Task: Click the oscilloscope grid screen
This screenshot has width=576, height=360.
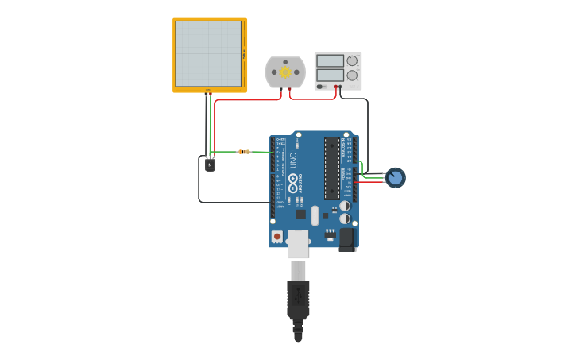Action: tap(207, 53)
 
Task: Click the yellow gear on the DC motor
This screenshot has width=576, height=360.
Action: tap(285, 72)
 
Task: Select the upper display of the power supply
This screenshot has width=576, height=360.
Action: tap(330, 60)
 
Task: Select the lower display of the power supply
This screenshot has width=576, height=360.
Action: tap(330, 75)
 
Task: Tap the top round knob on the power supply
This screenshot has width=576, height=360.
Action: tap(352, 60)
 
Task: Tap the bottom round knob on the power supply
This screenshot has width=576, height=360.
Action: tap(352, 75)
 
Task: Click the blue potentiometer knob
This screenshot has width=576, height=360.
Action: tap(395, 178)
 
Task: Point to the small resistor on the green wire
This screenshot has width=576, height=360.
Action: tap(244, 152)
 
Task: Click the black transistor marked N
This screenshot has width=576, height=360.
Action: tap(210, 165)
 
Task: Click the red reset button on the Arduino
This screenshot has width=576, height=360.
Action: tap(276, 236)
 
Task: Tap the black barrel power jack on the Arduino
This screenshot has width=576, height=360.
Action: tap(347, 239)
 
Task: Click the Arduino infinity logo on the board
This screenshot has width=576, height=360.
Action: tap(293, 188)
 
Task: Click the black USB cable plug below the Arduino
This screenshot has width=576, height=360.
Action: tap(298, 302)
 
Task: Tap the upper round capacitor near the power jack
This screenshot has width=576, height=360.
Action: tap(344, 206)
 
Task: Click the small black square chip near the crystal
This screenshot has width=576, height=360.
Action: tap(301, 213)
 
